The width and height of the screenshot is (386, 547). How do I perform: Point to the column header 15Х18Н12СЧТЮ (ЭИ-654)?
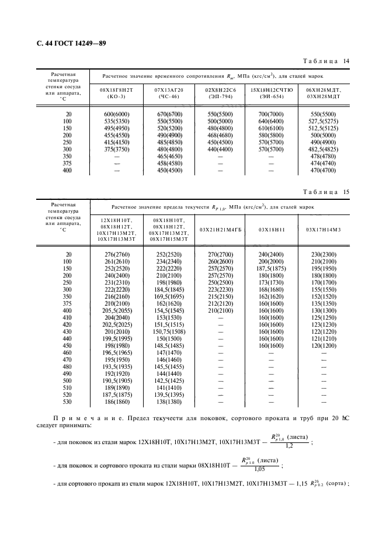[270, 94]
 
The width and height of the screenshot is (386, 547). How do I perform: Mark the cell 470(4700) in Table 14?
[323, 170]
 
